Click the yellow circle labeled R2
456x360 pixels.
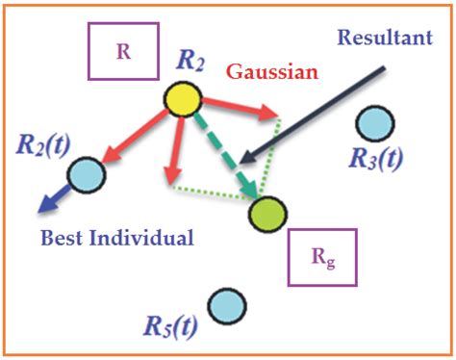182,98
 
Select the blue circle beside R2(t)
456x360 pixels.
86,174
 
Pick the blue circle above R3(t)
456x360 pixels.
374,124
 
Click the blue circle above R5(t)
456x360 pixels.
225,305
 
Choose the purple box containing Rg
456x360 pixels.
322,257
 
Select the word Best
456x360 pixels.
64,237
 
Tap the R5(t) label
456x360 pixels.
172,327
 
